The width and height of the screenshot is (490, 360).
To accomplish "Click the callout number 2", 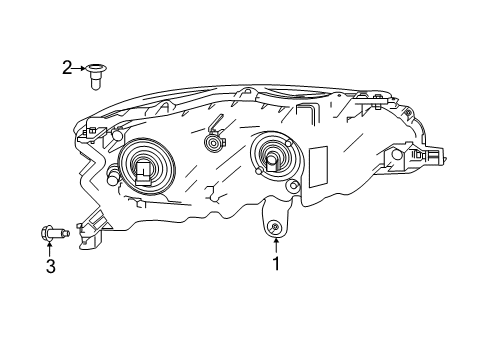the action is click(x=67, y=68).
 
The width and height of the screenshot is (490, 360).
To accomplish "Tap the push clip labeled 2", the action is click(x=97, y=71).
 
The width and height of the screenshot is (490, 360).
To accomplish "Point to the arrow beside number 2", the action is click(x=80, y=68).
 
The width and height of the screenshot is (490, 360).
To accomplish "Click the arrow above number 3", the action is click(x=48, y=247).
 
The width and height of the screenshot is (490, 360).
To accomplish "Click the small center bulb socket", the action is click(x=212, y=143).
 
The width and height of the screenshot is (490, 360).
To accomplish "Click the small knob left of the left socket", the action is click(x=113, y=180).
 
